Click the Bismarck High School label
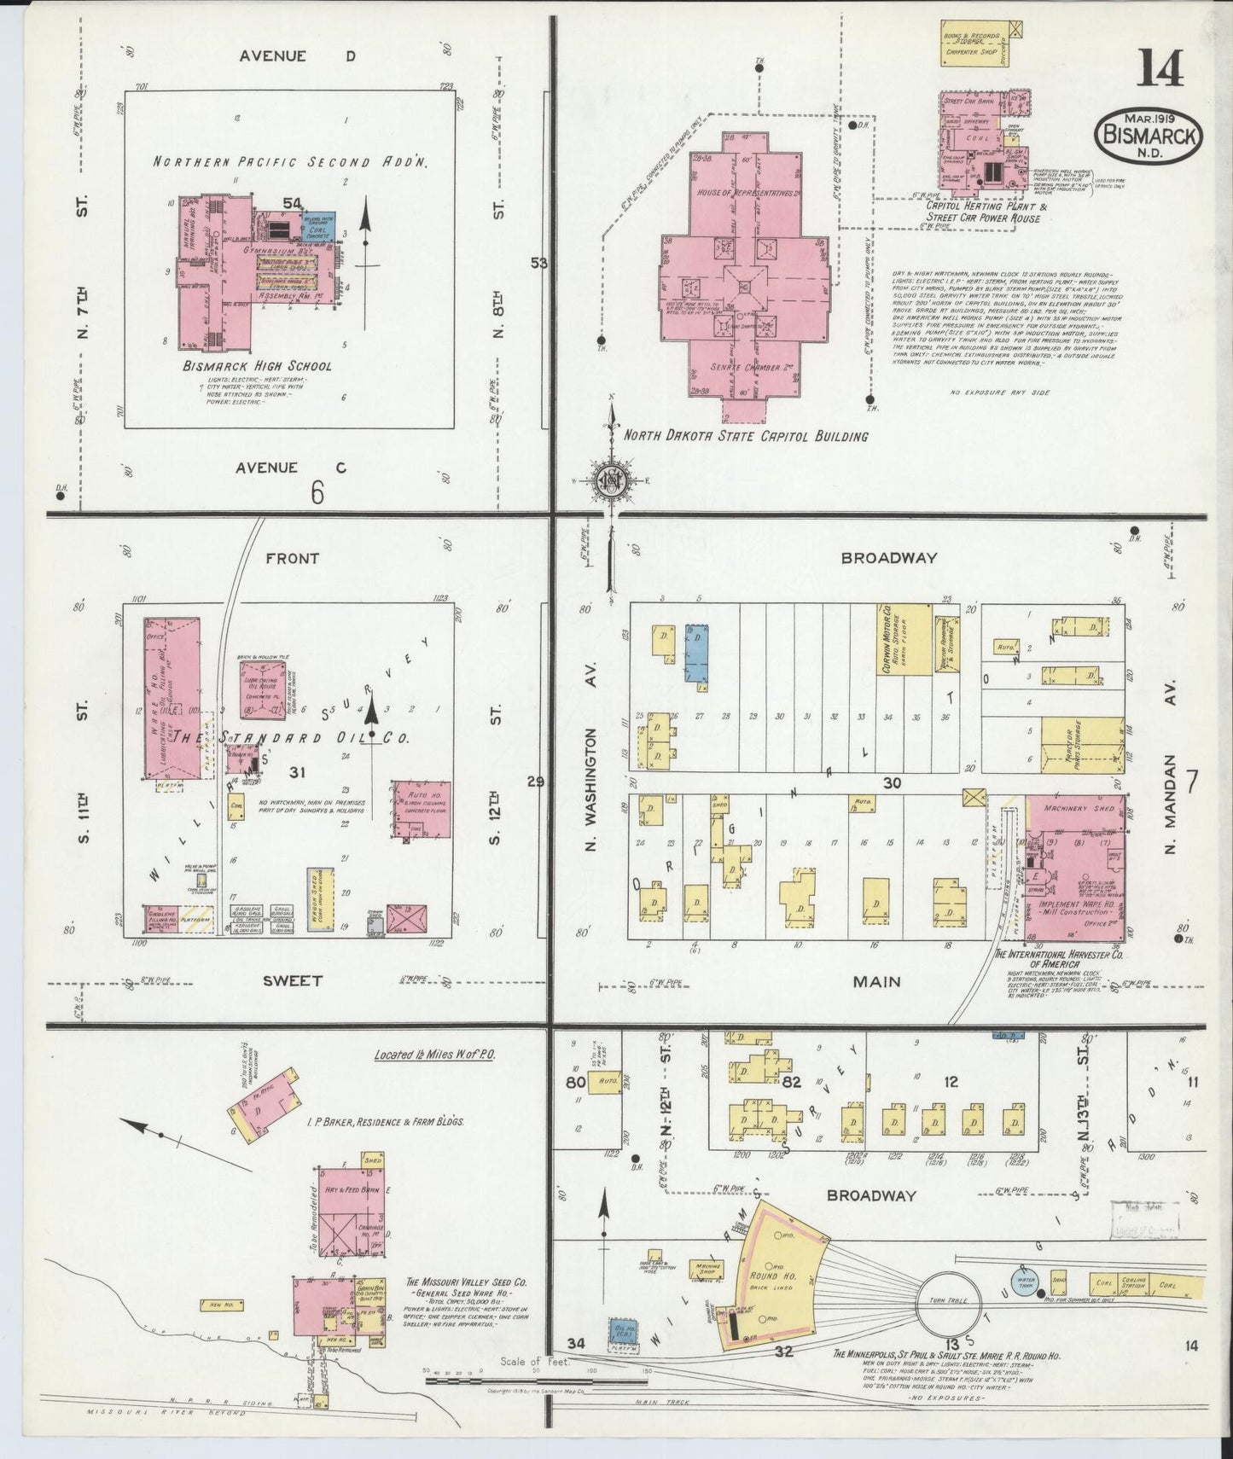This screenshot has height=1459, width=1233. [x=256, y=366]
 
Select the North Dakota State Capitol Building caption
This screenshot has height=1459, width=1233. [x=746, y=436]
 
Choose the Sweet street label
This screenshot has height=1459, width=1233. [x=292, y=981]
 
